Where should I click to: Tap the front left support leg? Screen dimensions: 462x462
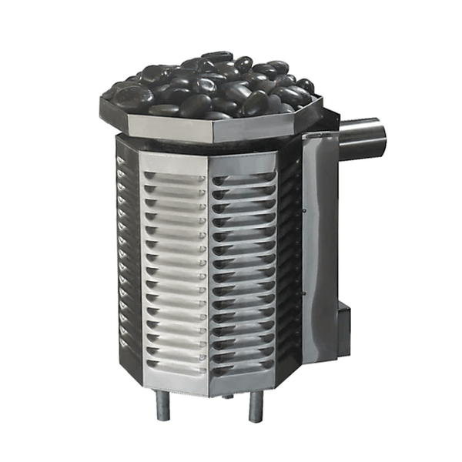coord(163,405)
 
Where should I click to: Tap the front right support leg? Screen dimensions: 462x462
coord(255,407)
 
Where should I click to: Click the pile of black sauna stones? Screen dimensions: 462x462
coord(208,85)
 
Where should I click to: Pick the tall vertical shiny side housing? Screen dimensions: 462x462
coord(320,246)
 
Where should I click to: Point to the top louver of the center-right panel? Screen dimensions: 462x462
coord(243,179)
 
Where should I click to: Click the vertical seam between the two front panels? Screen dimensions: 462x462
coord(209,269)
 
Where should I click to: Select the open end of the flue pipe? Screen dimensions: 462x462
coord(380,138)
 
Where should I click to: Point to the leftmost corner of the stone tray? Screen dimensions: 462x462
coord(102,99)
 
